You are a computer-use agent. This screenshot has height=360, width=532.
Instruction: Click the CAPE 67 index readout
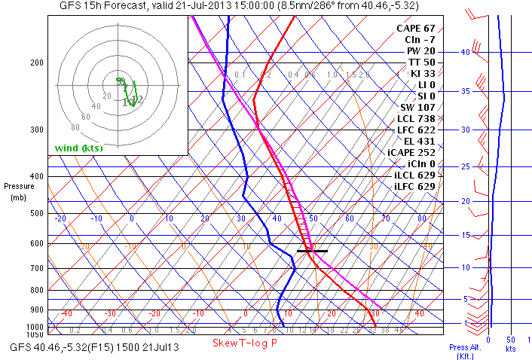[417, 28]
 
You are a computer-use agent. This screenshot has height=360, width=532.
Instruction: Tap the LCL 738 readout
[417, 119]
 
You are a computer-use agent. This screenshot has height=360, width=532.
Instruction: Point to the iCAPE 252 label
[411, 152]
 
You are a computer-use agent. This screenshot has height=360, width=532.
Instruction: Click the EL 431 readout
[420, 141]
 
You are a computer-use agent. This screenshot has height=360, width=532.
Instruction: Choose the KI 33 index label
[423, 73]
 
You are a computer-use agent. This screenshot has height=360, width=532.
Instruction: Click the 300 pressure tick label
[36, 130]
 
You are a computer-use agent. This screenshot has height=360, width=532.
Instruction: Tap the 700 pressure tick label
[36, 268]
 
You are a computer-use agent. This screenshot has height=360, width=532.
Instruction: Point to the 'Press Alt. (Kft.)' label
[463, 351]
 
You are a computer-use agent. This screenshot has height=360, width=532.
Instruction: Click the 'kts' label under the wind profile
[510, 349]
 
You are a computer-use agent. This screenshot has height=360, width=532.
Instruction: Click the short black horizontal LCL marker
[312, 250]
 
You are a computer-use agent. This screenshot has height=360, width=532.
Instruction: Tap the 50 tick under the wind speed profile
[511, 339]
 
